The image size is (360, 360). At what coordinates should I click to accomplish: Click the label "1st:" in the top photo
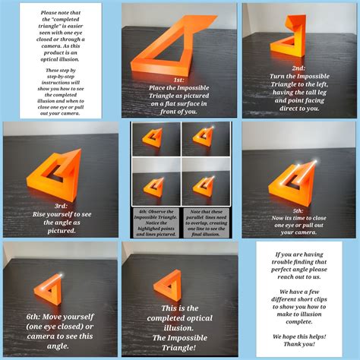click(x=178, y=79)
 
